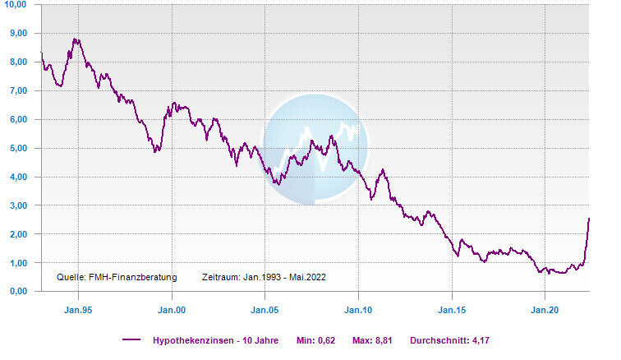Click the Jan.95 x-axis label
(x=78, y=311)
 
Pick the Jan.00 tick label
(x=172, y=311)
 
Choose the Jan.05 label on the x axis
(x=265, y=311)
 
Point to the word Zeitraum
(x=219, y=278)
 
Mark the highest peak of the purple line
(x=75, y=39)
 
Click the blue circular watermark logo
(x=315, y=148)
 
